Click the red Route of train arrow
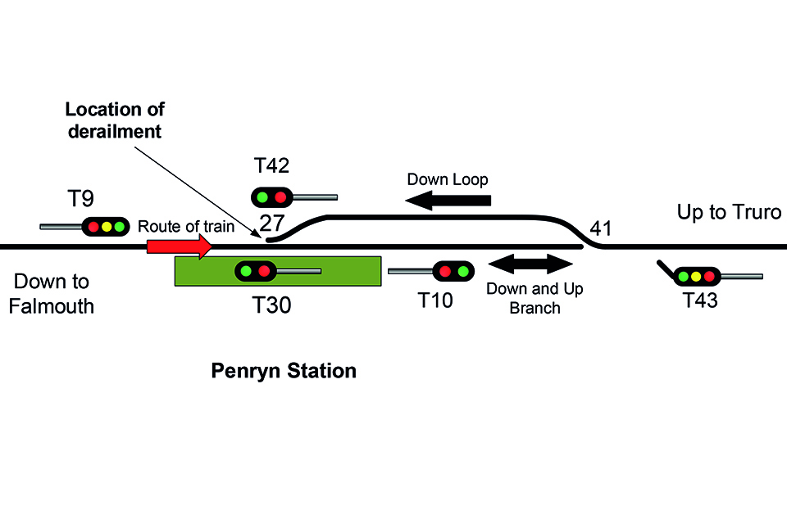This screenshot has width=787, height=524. [x=179, y=245]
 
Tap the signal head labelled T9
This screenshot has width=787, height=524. [x=106, y=226]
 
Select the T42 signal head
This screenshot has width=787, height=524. [x=271, y=197]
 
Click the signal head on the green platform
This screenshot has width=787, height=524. [x=255, y=270]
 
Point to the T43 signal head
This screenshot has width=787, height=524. [x=696, y=276]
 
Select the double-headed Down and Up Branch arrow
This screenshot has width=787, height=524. [x=530, y=264]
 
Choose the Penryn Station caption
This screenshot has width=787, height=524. [x=284, y=371]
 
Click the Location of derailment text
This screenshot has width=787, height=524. [x=115, y=120]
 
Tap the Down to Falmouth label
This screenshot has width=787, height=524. [x=54, y=294]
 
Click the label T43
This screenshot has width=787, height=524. [x=701, y=300]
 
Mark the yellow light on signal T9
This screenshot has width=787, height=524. [x=106, y=226]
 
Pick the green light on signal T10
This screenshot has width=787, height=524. [x=463, y=271]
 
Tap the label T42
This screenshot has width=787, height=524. [x=271, y=166]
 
